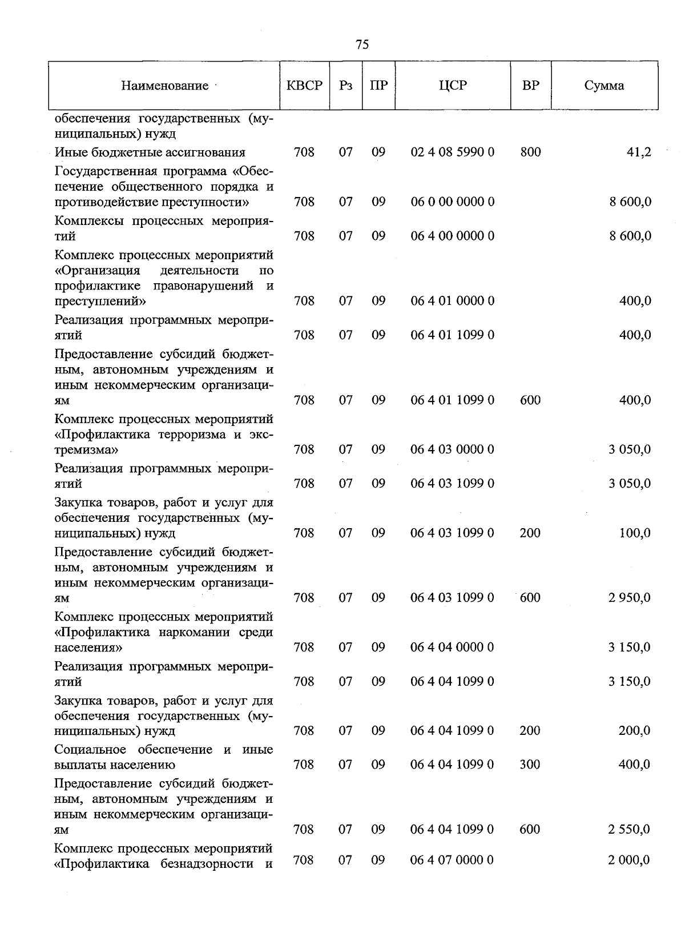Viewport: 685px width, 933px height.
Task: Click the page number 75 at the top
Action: pyautogui.click(x=362, y=45)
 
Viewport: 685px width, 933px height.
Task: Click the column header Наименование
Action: pyautogui.click(x=164, y=86)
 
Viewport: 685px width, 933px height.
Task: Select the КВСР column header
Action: pyautogui.click(x=304, y=86)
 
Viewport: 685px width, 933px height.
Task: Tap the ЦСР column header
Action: pyautogui.click(x=453, y=86)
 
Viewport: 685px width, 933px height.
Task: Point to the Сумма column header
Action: pyautogui.click(x=604, y=86)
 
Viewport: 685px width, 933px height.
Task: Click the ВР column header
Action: pyautogui.click(x=530, y=86)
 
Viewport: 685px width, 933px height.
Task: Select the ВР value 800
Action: pyautogui.click(x=530, y=152)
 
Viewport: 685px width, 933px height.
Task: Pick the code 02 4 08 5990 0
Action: pyautogui.click(x=453, y=152)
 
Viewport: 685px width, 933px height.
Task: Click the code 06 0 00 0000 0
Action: pyautogui.click(x=453, y=202)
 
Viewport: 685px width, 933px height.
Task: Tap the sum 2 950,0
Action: pyautogui.click(x=629, y=598)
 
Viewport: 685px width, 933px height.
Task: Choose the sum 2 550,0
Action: pyautogui.click(x=629, y=829)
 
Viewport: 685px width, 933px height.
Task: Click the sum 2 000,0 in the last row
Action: pyautogui.click(x=629, y=860)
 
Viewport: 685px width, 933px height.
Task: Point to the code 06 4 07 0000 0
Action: pyautogui.click(x=452, y=860)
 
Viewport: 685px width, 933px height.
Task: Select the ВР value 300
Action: pyautogui.click(x=530, y=765)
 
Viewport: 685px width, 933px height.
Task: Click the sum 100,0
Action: pyautogui.click(x=635, y=533)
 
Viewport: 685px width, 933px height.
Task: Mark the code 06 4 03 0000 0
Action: pyautogui.click(x=452, y=449)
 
